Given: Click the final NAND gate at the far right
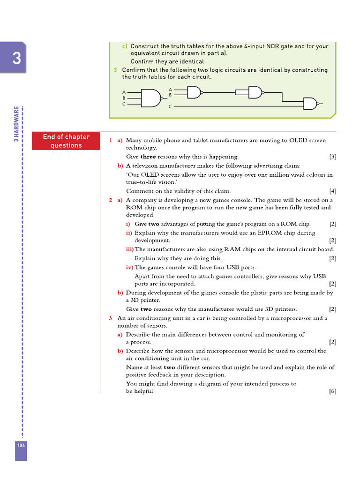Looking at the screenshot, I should point(310,104).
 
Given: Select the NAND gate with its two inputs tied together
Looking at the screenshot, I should point(255,92).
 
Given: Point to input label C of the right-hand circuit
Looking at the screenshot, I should point(171,107).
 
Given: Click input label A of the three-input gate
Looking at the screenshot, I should point(124,92).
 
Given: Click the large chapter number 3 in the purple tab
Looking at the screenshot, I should point(16,59).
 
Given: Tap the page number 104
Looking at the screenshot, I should point(21,445).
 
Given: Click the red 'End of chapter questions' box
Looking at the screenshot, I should point(66,141).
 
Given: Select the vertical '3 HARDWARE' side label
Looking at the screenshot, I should point(16,124).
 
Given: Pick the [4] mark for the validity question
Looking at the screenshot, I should point(332,191).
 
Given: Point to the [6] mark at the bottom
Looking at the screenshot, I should point(332,391).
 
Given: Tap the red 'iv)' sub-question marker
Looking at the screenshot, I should point(129,267).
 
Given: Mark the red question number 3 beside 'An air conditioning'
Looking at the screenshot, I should point(111,318).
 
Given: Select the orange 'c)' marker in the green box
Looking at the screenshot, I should point(125,46).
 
